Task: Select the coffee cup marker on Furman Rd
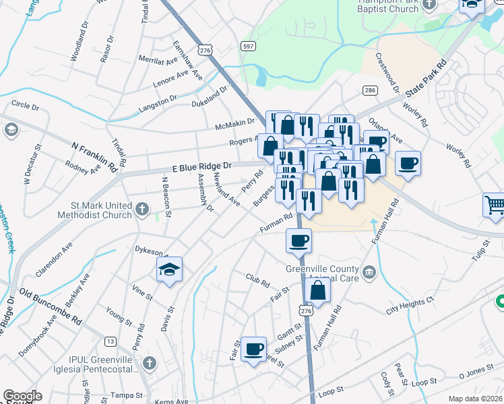tap(298, 240)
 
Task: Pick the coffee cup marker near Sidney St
tap(253, 349)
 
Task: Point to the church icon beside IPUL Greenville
tap(150, 364)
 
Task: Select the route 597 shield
tap(248, 45)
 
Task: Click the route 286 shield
tap(370, 90)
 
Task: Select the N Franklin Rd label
tap(94, 156)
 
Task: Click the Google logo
tap(22, 396)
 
